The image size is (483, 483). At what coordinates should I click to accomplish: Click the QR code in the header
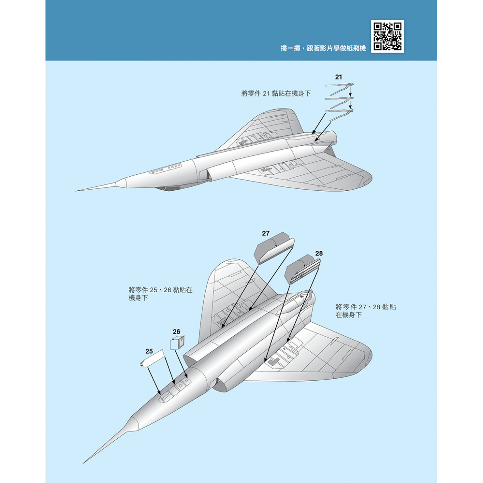387,36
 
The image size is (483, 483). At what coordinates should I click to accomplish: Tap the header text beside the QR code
323,48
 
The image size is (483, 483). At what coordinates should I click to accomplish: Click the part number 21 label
338,77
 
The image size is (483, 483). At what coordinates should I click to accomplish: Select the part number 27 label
265,233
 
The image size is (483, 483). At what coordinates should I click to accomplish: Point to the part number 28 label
319,254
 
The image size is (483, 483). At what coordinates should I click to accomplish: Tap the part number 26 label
176,332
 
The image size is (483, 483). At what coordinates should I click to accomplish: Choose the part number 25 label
149,351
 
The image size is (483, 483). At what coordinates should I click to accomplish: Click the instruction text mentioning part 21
276,93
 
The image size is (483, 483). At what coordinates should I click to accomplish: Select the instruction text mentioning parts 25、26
160,294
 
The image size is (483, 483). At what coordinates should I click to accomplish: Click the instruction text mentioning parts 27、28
366,311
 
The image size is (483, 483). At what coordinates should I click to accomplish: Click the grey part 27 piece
274,248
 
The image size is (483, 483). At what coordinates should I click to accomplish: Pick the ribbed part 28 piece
303,269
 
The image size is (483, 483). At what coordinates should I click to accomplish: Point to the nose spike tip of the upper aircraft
76,191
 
